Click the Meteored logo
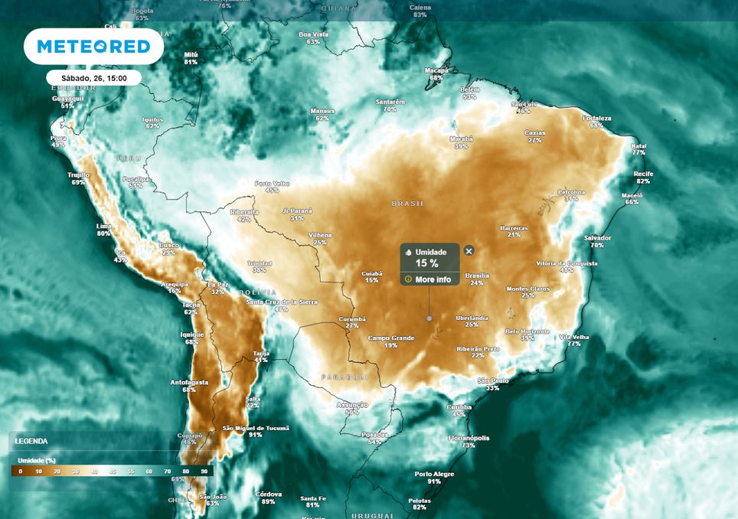coord(93,47)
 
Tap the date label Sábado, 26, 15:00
coord(93,78)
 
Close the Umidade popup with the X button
coord(469,250)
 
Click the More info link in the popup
coord(433,279)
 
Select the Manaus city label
coord(322,111)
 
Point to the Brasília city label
coord(477,275)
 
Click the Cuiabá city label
coord(371,273)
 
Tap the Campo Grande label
coord(390,338)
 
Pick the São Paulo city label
coord(493,380)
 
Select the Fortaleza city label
coord(597,118)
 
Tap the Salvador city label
coord(597,238)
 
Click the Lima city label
coord(103,226)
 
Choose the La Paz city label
coord(217,284)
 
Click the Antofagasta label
coord(189,382)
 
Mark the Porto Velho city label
coord(273,183)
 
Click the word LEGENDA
coord(31,441)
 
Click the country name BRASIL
coord(407,204)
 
